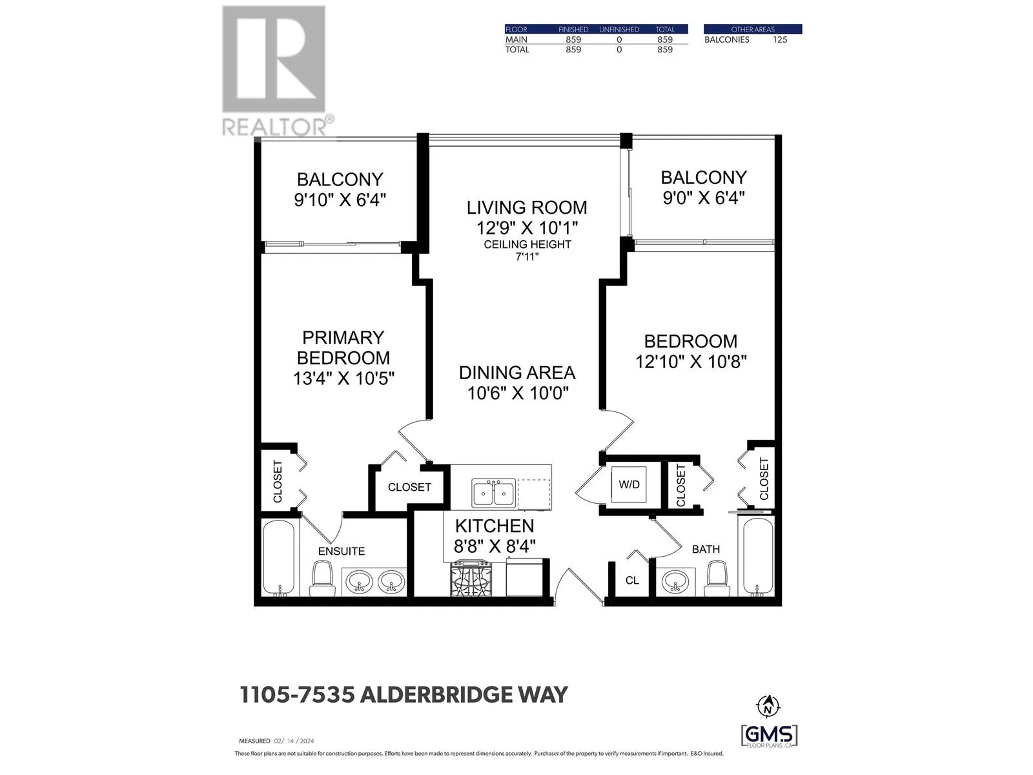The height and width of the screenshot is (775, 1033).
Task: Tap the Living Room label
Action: (527, 207)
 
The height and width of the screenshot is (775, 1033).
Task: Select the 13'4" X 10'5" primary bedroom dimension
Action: (343, 378)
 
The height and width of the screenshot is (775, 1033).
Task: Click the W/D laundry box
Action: (629, 484)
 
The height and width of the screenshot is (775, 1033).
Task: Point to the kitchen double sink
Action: (494, 494)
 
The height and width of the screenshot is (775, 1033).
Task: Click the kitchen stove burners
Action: (471, 578)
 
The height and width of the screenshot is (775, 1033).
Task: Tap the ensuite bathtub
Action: (279, 557)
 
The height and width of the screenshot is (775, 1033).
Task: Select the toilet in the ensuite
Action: (322, 578)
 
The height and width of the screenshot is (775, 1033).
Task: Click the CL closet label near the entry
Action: (632, 581)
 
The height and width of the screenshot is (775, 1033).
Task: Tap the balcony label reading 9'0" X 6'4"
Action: (704, 197)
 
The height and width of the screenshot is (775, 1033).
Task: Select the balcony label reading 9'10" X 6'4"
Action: (340, 200)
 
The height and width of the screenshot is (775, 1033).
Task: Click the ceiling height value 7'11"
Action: (527, 256)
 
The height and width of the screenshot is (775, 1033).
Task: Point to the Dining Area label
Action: (516, 373)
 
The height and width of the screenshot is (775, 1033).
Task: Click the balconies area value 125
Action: (780, 39)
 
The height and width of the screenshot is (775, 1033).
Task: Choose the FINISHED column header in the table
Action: (573, 29)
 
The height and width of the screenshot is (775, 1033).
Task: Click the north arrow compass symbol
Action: (767, 705)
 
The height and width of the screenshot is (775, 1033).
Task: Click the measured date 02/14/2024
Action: (294, 741)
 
